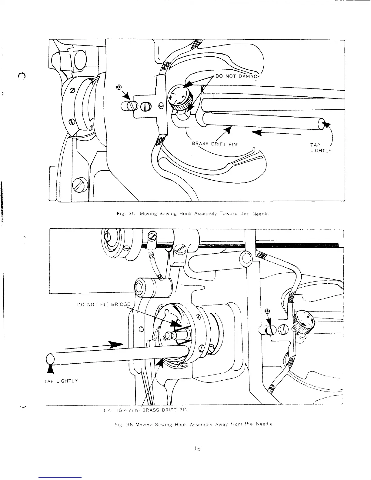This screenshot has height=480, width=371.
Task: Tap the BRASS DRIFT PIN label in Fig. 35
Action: [x=214, y=144]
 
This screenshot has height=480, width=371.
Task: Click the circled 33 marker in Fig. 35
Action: [x=119, y=87]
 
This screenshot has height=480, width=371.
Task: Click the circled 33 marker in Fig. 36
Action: [x=267, y=311]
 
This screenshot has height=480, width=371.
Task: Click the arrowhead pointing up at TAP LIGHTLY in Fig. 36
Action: [x=51, y=370]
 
